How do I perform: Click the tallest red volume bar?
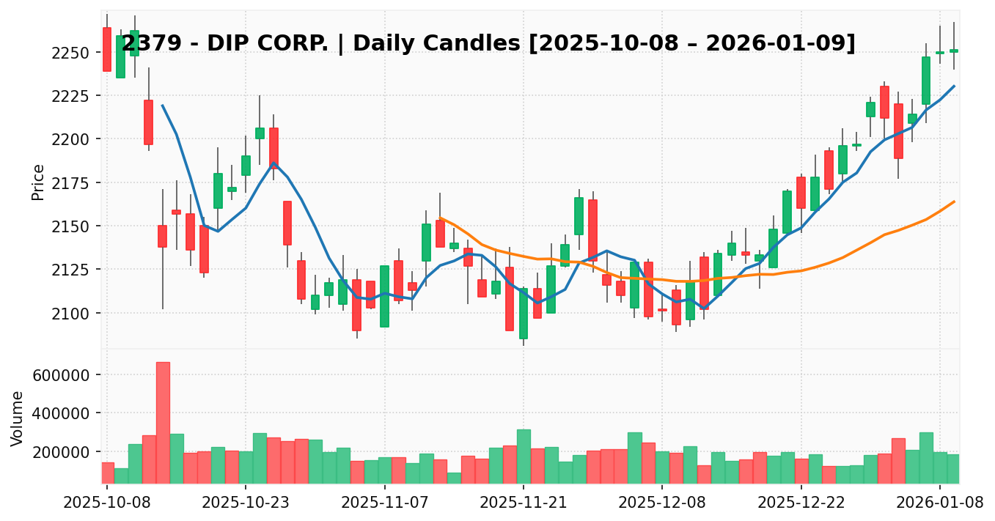pyautogui.click(x=163, y=422)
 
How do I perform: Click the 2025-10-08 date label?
pyautogui.click(x=107, y=503)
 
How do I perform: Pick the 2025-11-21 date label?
pyautogui.click(x=524, y=503)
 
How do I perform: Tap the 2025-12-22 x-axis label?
pyautogui.click(x=801, y=503)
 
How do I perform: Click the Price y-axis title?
pyautogui.click(x=38, y=182)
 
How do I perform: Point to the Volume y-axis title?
pyautogui.click(x=18, y=418)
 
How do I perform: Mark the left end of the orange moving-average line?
pyautogui.click(x=440, y=218)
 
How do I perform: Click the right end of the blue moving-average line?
pyautogui.click(x=954, y=86)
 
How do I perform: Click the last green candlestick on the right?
pyautogui.click(x=954, y=51)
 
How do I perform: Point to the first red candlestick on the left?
pyautogui.click(x=107, y=49)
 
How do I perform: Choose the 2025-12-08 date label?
pyautogui.click(x=662, y=503)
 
